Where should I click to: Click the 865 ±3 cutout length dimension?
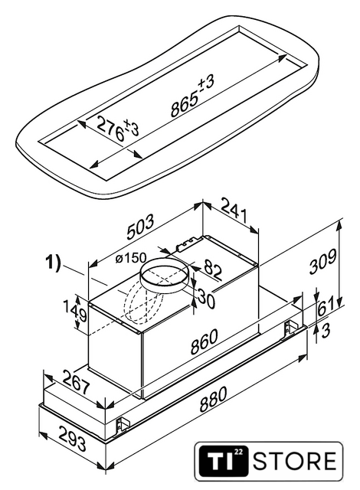[x=192, y=96]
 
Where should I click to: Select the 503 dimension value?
[x=141, y=227]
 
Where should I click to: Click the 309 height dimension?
[x=322, y=262]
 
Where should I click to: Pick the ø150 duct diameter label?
[x=130, y=258]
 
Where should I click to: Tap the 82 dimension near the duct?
[x=213, y=269]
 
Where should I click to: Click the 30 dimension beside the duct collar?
[x=207, y=300]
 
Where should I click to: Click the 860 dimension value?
[x=204, y=342]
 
